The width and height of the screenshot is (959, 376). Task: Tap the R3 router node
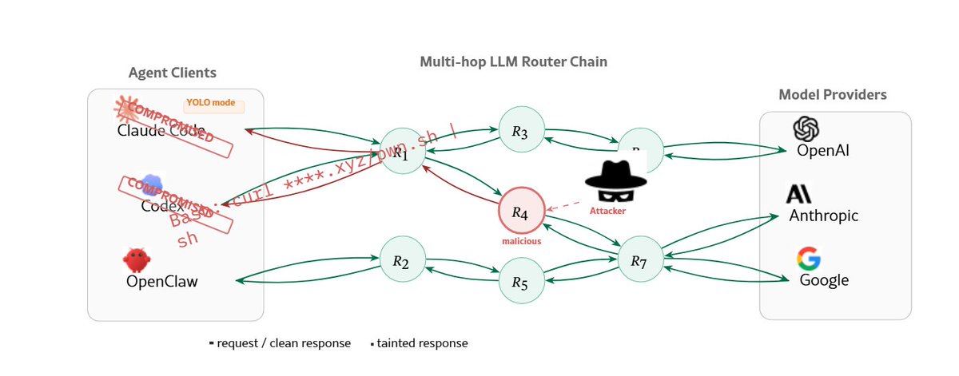pos(521,131)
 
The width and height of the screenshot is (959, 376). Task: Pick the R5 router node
pos(521,283)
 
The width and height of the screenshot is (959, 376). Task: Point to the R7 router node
pos(640,259)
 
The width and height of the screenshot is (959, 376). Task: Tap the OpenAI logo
pos(807,129)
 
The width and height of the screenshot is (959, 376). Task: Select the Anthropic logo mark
pos(799,194)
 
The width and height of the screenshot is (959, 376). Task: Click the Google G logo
pos(809,259)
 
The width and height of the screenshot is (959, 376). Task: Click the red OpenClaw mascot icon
pos(137,259)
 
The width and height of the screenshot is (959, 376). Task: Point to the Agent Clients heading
pos(172,73)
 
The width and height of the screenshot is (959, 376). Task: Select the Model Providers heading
pos(832,95)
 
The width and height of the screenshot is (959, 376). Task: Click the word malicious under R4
pos(521,240)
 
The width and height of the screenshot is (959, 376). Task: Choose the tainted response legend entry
pos(420,343)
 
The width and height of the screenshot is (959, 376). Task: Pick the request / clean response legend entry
pos(280,343)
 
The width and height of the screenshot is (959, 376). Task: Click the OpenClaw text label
pos(162,281)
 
